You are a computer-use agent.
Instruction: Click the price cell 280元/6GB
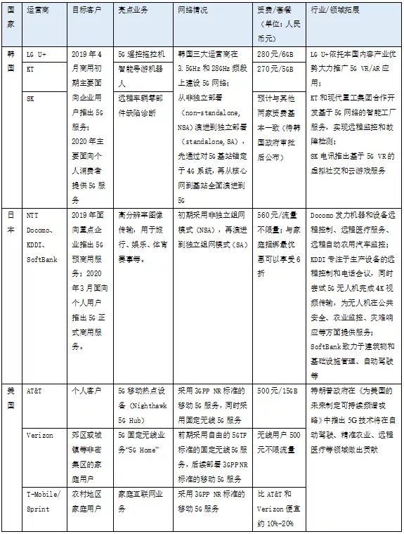pyautogui.click(x=276, y=53)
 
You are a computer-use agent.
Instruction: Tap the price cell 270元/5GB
pyautogui.click(x=276, y=70)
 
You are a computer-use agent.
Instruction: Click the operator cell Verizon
pyautogui.click(x=39, y=436)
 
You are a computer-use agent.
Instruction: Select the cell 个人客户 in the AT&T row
pyautogui.click(x=88, y=390)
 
